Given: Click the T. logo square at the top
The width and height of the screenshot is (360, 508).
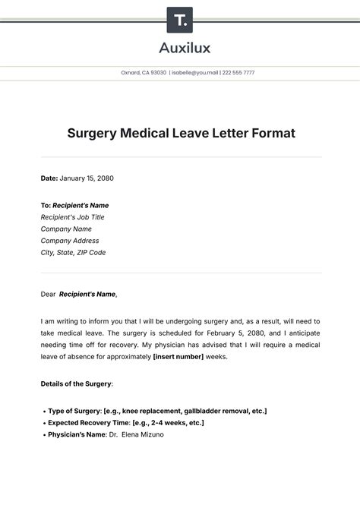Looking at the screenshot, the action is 179,20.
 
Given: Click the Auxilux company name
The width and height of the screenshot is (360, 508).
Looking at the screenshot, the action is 180,48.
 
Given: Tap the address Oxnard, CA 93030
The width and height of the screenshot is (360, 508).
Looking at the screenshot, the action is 144,73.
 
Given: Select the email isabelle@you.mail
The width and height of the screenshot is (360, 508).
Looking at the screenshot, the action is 195,73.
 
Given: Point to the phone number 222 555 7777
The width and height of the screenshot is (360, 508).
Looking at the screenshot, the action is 238,73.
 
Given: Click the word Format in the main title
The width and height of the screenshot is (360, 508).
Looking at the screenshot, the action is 269,133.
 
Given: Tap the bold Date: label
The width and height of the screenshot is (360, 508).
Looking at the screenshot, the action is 49,178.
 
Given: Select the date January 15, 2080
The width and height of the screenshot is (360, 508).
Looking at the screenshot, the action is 87,178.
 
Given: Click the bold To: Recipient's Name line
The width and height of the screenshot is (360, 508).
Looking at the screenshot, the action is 75,205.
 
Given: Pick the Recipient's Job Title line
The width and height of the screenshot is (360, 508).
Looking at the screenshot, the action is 73,217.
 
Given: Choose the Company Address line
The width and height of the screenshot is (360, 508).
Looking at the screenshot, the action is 70,241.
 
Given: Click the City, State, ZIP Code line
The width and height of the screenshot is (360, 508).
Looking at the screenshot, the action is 74,252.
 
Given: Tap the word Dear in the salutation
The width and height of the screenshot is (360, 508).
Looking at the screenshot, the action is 48,294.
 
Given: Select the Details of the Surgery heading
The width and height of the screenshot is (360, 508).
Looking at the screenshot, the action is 76,384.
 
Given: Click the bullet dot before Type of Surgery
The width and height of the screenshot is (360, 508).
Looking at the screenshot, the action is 43,411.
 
